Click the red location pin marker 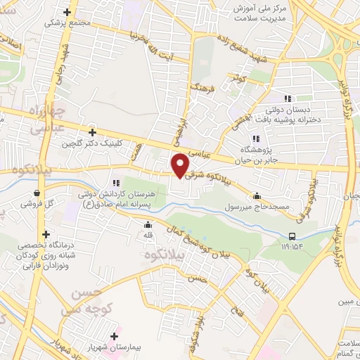(181, 165)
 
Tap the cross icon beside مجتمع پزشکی (67, 12)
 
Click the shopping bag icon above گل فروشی (36, 193)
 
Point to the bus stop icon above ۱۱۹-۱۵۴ (292, 236)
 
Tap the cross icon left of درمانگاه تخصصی (46, 234)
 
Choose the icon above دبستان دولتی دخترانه (287, 99)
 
